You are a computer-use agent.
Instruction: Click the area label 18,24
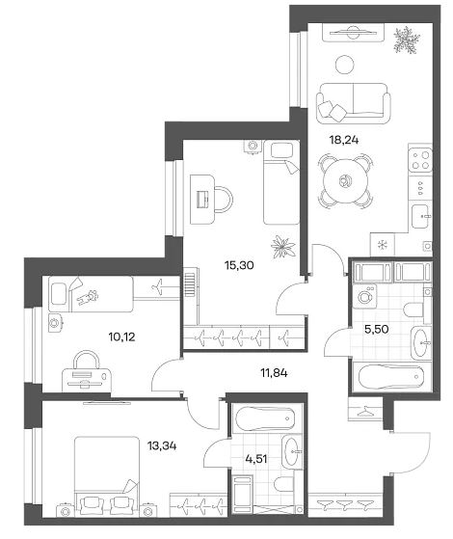click(x=344, y=140)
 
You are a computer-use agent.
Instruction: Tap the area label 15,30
click(x=239, y=265)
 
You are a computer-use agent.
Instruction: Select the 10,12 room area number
click(x=121, y=337)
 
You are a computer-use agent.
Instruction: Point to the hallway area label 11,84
click(x=273, y=372)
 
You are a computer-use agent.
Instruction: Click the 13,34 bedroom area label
click(x=162, y=446)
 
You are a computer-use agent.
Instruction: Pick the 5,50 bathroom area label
click(x=376, y=330)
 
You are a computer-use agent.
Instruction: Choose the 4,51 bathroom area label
click(x=256, y=459)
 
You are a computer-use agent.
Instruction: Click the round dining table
click(x=345, y=181)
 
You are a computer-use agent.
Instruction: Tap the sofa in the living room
click(x=354, y=103)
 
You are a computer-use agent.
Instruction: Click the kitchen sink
click(x=421, y=216)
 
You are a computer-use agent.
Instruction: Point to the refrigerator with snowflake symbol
click(x=383, y=245)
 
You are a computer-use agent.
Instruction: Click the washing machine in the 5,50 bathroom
click(x=363, y=295)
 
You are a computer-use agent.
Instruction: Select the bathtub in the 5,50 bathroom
click(x=391, y=378)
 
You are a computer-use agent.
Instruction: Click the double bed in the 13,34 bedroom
click(x=107, y=476)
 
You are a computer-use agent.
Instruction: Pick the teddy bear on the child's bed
click(x=89, y=297)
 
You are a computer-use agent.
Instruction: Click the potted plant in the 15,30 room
click(x=283, y=246)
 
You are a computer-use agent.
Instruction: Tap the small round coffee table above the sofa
click(x=345, y=65)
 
